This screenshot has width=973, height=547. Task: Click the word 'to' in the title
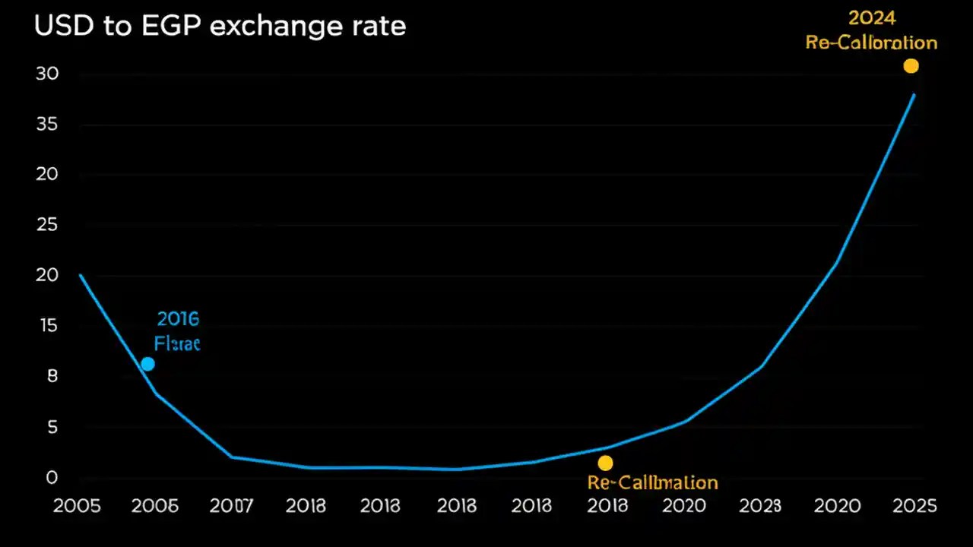pos(116,27)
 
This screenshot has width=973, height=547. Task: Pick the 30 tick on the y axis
pos(47,74)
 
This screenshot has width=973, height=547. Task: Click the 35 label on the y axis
pos(47,125)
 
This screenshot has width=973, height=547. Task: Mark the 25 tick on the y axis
pos(47,225)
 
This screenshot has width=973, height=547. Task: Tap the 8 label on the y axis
pos(52,376)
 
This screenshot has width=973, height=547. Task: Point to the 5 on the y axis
pos(52,428)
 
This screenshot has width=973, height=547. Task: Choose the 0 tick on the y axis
pos(52,478)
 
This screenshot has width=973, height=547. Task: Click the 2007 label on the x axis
pos(230,506)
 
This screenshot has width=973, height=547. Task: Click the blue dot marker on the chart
pos(147,364)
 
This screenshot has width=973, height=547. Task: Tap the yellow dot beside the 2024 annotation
pos(911,66)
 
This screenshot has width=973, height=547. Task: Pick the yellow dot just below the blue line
pos(605,463)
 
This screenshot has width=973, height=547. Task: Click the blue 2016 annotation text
pos(178,318)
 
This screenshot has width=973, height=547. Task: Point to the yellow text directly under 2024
pos(871,43)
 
